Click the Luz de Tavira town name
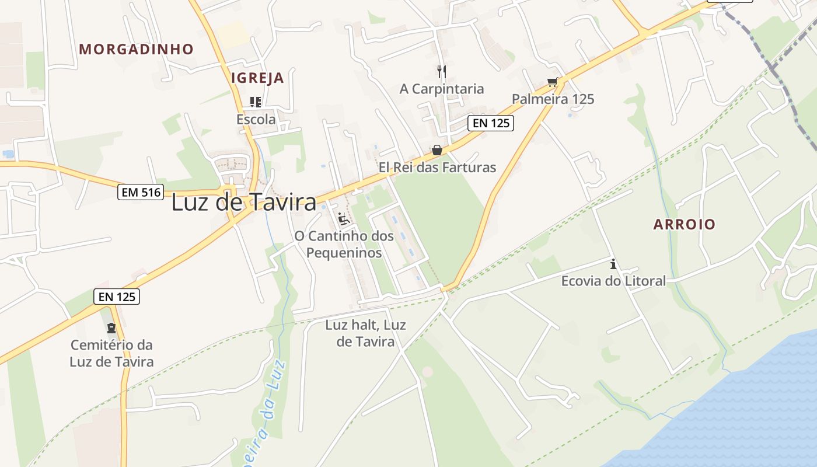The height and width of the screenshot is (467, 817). click(x=244, y=203)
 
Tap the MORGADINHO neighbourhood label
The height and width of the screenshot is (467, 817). click(x=136, y=49)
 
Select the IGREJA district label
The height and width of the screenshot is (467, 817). click(x=257, y=78)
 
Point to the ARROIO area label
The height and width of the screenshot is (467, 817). click(x=684, y=224)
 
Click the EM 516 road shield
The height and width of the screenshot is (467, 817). click(x=140, y=192)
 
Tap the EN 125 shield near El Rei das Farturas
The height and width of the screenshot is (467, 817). click(x=490, y=123)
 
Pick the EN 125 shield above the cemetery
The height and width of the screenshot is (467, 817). click(x=117, y=297)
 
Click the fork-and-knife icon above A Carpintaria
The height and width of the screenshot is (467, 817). click(x=442, y=72)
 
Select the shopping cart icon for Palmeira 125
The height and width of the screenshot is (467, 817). click(x=552, y=82)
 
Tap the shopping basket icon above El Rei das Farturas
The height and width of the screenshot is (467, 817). click(x=437, y=151)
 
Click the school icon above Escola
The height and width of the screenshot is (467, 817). click(x=255, y=102)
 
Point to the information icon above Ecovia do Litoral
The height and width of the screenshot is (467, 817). click(x=613, y=264)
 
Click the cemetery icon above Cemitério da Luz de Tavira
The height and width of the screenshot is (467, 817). click(x=111, y=328)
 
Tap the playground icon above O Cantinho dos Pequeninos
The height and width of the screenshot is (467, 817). click(x=344, y=219)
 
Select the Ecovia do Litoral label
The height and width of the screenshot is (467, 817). click(x=613, y=281)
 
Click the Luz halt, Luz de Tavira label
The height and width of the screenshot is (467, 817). click(x=365, y=333)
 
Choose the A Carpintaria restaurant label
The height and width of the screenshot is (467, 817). click(x=442, y=89)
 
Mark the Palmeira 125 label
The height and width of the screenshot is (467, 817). click(x=553, y=99)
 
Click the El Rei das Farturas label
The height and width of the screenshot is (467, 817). click(x=437, y=168)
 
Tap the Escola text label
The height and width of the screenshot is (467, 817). click(x=256, y=119)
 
